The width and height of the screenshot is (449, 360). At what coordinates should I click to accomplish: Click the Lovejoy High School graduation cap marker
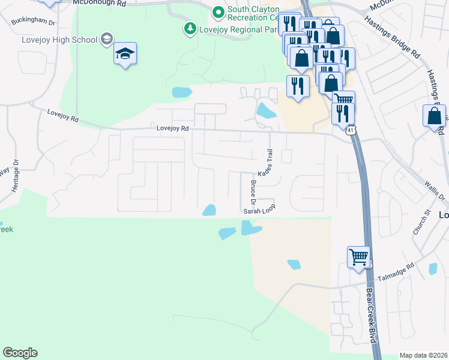pyautogui.click(x=125, y=54)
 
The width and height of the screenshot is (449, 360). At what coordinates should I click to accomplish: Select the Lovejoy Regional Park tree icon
pyautogui.click(x=190, y=28)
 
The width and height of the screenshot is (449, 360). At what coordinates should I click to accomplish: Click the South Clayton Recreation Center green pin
pyautogui.click(x=218, y=11)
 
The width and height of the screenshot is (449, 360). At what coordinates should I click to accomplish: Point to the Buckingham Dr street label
pyautogui.click(x=34, y=19)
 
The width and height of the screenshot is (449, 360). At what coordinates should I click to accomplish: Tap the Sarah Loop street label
pyautogui.click(x=259, y=211)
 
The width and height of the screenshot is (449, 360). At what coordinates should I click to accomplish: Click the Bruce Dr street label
pyautogui.click(x=253, y=191)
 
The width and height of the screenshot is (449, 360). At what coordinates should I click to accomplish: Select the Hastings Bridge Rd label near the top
pyautogui.click(x=391, y=37)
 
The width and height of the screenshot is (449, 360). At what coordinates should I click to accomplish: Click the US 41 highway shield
pyautogui.click(x=351, y=129)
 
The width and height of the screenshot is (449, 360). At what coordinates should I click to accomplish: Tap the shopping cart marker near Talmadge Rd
pyautogui.click(x=359, y=257)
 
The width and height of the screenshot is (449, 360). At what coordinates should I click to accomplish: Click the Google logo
pyautogui.click(x=20, y=353)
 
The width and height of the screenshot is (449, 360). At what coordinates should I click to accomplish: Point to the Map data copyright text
pyautogui.click(x=423, y=355)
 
